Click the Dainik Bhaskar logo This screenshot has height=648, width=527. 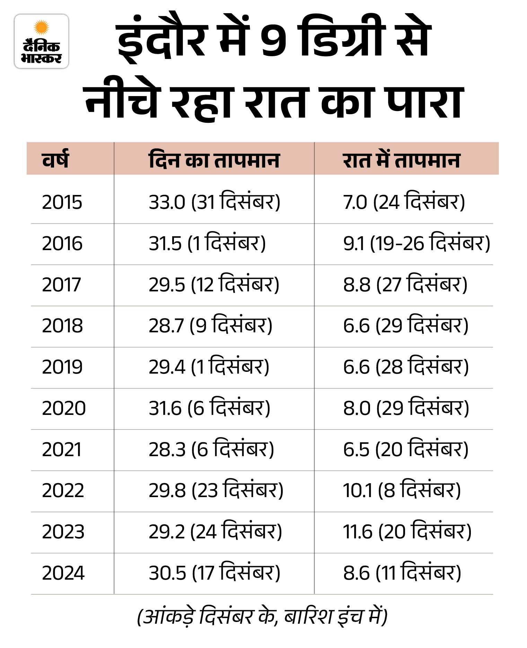(x=41, y=41)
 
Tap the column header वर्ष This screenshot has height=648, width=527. (x=55, y=160)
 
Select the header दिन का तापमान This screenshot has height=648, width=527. (x=214, y=160)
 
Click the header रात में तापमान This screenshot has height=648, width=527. (x=401, y=160)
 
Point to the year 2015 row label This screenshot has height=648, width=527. (x=62, y=202)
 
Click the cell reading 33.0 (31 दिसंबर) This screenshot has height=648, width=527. (x=214, y=202)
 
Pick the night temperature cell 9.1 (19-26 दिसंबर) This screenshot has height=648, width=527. (x=416, y=243)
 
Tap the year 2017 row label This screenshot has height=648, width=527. (x=61, y=284)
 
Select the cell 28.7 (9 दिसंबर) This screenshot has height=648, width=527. (x=210, y=325)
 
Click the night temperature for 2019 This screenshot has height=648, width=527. (x=406, y=367)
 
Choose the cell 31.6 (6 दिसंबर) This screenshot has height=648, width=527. (x=209, y=408)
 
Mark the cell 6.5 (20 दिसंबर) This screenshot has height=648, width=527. (x=406, y=449)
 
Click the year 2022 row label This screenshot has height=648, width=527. (x=63, y=491)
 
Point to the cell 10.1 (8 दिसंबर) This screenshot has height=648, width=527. (x=402, y=491)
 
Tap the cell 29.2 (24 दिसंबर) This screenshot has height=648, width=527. (x=215, y=531)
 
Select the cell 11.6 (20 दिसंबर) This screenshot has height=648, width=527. (x=407, y=531)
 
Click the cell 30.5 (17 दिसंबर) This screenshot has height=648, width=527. (x=214, y=573)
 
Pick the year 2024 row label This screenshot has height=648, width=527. (x=63, y=573)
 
